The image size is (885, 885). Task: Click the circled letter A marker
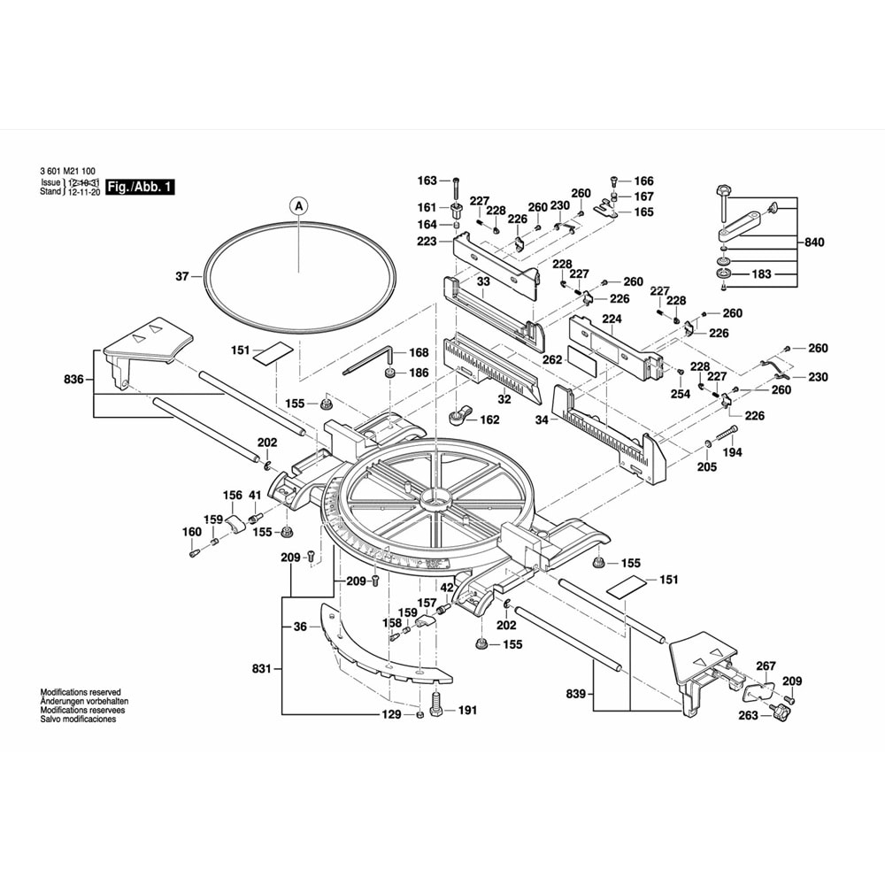298,205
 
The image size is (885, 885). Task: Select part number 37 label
182,276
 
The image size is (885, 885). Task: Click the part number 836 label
73,380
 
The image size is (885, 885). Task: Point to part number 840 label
814,241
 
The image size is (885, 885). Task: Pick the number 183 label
761,274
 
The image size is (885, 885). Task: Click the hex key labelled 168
366,359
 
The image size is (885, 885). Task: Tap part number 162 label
489,419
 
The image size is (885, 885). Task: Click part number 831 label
259,669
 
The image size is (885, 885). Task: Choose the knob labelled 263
779,713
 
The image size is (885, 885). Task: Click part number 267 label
766,666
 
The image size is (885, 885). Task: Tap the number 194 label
733,451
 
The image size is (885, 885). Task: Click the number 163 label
428,181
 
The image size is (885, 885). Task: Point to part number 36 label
300,627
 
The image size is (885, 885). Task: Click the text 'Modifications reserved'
80,692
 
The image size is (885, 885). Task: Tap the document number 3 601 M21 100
68,172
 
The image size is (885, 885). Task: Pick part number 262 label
552,360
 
